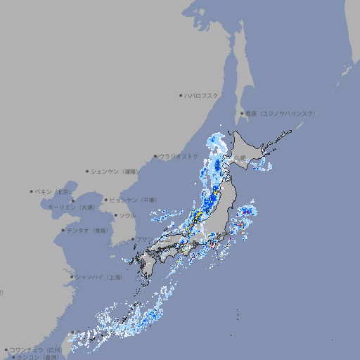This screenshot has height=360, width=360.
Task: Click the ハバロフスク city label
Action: tap(202, 95)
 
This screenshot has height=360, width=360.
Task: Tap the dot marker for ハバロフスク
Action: tap(181, 95)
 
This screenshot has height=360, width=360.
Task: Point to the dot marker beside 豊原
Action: tap(242, 113)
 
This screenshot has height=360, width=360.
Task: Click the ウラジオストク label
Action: tap(179, 156)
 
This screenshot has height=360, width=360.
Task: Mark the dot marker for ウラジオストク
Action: tap(155, 156)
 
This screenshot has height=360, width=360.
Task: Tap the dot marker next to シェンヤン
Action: tap(88, 171)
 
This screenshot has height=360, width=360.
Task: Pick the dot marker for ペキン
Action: tap(32, 191)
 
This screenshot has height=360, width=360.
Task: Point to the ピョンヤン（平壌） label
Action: tap(133, 200)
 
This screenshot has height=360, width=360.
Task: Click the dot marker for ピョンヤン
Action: tap(106, 200)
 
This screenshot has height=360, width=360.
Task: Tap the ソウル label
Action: tap(127, 215)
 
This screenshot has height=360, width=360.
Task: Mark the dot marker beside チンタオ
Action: tap(63, 230)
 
